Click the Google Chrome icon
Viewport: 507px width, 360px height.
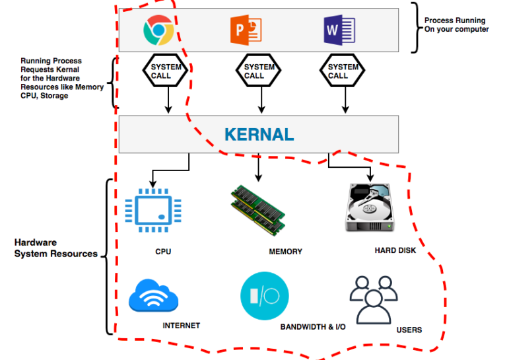click(158, 30)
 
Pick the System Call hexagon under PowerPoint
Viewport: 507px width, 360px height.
click(259, 71)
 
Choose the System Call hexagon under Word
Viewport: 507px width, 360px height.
click(343, 71)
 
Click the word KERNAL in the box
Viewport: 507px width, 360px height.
click(259, 134)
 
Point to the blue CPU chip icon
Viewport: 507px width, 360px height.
click(153, 210)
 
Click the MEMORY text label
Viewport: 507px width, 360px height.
click(285, 252)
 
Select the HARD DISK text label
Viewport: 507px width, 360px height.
click(395, 250)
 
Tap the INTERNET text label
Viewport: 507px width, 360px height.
click(181, 326)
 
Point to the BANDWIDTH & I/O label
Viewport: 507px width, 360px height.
click(313, 327)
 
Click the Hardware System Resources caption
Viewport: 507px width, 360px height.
click(56, 248)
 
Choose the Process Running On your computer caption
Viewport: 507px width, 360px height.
click(456, 25)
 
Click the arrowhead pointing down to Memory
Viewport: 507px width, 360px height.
click(258, 178)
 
